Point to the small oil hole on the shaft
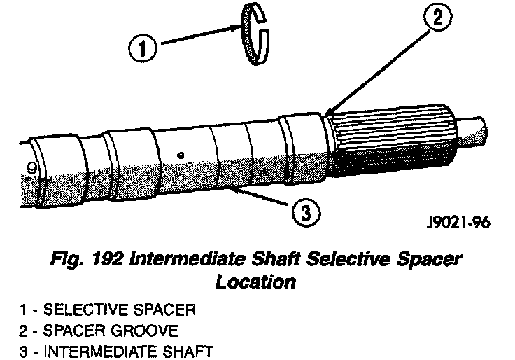coord(181,155)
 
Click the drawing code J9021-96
coord(458,225)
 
